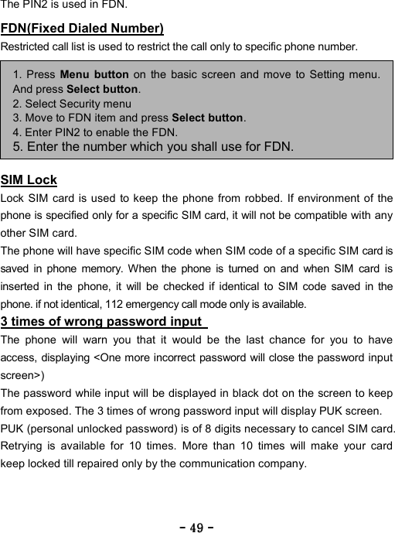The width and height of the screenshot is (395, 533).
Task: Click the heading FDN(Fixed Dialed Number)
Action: point(82,29)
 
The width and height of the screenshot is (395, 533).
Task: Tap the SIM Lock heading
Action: point(29,180)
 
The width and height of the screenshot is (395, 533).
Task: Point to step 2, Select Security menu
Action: point(72,103)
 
